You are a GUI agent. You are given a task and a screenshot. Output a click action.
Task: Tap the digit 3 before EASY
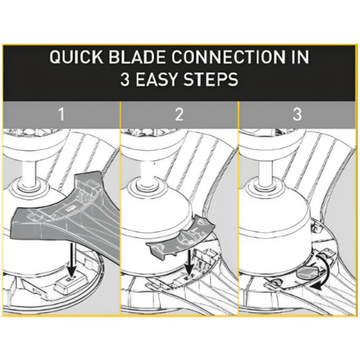125,80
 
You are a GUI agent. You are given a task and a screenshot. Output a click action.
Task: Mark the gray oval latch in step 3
306,271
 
